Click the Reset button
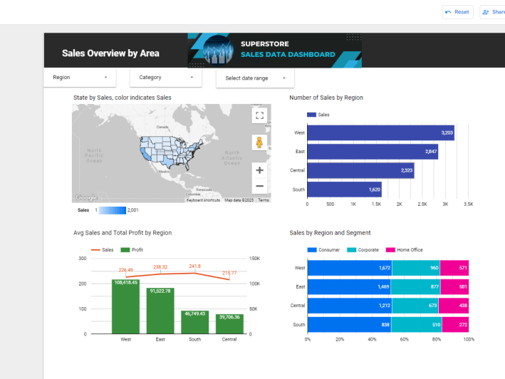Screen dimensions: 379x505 (x=457, y=12)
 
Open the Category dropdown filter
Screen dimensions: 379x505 (x=165, y=77)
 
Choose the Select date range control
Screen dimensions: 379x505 (x=254, y=78)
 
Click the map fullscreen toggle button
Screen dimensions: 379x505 (x=259, y=115)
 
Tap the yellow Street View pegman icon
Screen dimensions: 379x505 (x=259, y=142)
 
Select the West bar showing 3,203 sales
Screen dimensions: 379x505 (x=380, y=133)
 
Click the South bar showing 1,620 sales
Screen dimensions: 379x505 (x=344, y=189)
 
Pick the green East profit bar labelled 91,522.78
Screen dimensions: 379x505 (x=160, y=311)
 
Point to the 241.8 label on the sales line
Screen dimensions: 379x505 (x=194, y=266)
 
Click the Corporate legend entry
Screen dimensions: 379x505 (x=363, y=250)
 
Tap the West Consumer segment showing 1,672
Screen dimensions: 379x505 (x=349, y=268)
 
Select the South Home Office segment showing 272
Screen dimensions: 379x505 (x=455, y=325)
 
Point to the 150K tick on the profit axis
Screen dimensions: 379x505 (x=254, y=259)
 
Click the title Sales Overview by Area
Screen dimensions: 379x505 (x=110, y=53)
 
